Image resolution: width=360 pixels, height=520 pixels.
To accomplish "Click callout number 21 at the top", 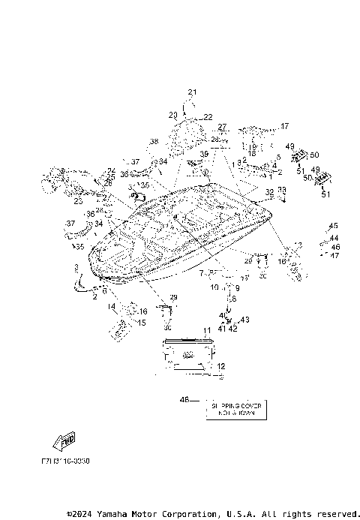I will point(191,92).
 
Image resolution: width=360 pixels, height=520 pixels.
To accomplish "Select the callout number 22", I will point(208,118).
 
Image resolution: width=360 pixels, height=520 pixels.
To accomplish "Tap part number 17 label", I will point(284,126).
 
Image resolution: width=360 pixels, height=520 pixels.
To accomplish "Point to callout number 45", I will point(334,226).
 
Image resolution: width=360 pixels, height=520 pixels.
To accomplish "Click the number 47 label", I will point(334,256).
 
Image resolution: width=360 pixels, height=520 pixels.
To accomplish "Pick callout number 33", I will point(281,190).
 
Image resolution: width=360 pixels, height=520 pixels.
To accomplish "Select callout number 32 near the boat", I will point(268,193).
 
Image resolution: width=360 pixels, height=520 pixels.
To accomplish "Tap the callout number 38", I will point(154,142).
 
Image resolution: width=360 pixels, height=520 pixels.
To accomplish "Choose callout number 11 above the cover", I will point(206,330).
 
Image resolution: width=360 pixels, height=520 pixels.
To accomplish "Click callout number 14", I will point(110,306).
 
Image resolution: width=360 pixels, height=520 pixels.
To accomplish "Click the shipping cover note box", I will point(235,408).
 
